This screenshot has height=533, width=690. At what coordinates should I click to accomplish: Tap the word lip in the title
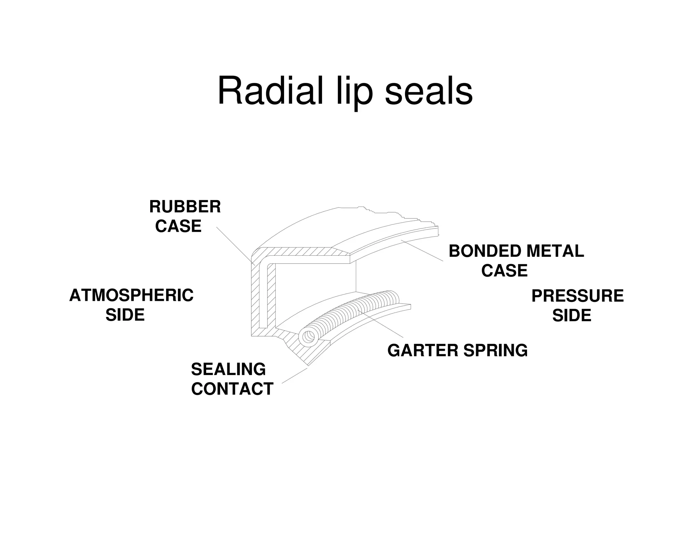[x=354, y=93]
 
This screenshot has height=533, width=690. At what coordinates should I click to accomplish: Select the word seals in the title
[x=429, y=91]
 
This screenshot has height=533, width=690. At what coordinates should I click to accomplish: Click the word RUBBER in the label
[x=185, y=207]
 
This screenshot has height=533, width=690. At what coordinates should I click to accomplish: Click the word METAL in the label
[x=555, y=251]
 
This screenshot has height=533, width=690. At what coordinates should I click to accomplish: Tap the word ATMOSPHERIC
[x=131, y=295]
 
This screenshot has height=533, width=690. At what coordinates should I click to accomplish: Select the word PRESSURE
[x=577, y=296]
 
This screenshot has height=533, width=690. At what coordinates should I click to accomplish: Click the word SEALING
[x=228, y=369]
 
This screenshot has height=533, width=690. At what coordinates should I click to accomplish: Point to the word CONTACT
[x=232, y=389]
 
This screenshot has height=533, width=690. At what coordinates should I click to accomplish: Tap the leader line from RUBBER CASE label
[x=235, y=245]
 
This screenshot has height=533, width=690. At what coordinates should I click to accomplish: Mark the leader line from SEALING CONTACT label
[x=294, y=376]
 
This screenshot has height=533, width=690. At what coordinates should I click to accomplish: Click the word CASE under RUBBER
[x=178, y=226]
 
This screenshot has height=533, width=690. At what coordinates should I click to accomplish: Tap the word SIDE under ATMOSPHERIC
[x=125, y=315]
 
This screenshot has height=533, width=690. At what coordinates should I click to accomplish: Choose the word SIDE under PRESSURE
[x=572, y=315]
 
